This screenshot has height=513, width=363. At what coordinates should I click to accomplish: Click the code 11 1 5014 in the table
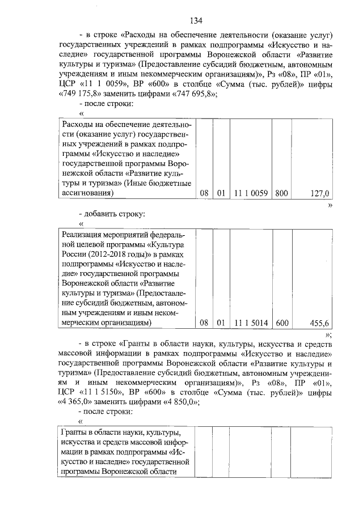pyautogui.click(x=250, y=323)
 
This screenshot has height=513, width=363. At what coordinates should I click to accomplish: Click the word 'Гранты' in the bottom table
pyautogui.click(x=73, y=434)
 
